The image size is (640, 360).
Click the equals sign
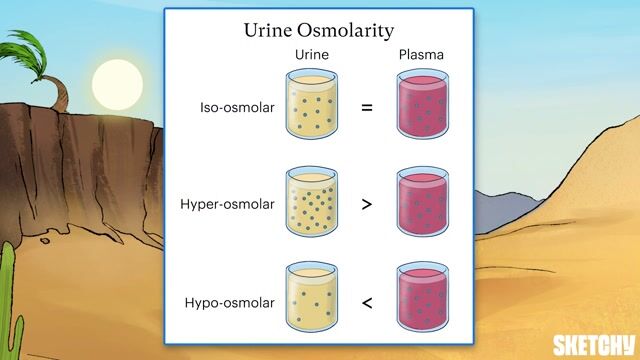366,105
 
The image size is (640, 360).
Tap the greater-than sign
366,202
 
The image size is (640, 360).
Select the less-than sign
366,299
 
